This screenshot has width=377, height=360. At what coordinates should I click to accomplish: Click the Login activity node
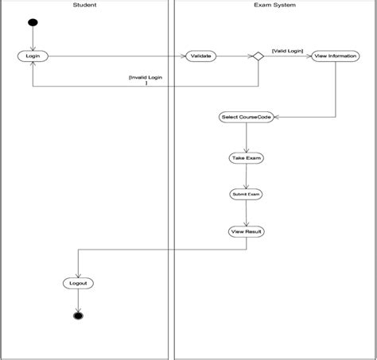point(33,56)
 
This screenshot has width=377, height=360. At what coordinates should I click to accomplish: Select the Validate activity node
point(200,56)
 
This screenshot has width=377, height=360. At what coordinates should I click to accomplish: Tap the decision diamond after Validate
point(257,56)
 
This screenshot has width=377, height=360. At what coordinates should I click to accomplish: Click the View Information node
point(329,56)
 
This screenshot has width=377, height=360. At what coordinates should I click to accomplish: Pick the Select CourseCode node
point(246,117)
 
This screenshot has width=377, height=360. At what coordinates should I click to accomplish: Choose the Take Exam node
point(246,158)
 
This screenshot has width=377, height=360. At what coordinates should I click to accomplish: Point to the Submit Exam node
point(246,194)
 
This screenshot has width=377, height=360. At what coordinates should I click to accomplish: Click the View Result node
point(246,231)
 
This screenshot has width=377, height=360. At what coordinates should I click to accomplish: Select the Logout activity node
point(77,283)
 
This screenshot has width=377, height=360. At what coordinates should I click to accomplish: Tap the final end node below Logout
point(77,315)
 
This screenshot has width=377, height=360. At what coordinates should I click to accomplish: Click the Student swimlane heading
point(84,6)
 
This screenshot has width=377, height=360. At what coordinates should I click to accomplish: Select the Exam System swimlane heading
point(274,6)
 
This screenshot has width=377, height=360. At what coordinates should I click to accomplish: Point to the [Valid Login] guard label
point(286,49)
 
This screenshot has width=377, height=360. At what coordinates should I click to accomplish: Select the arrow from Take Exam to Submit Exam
point(246,176)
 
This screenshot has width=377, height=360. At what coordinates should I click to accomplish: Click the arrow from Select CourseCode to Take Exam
point(246,137)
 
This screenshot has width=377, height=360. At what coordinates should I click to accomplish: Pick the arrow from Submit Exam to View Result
point(246,212)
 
